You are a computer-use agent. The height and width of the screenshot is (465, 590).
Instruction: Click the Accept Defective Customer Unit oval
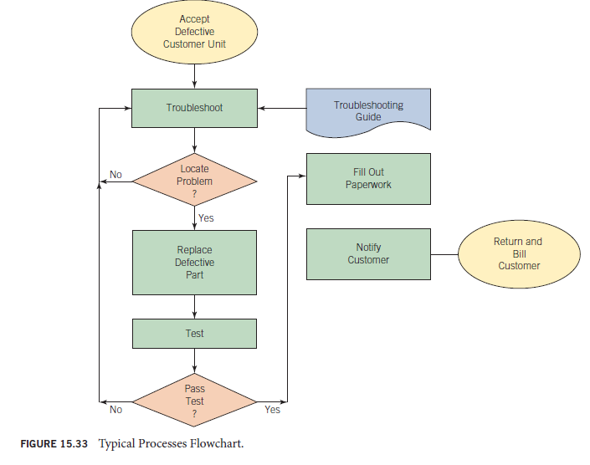point(194,32)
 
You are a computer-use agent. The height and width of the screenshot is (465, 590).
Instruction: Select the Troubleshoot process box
point(194,108)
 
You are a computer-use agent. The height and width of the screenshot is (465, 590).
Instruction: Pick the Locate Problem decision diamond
point(194,181)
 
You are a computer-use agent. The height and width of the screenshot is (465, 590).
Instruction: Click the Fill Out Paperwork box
point(368,178)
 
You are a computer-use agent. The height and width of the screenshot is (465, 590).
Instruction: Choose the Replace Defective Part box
point(194,262)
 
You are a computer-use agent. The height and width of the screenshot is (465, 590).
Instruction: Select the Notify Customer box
point(368,253)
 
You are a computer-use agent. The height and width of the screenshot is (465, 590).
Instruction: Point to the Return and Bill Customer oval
point(519,253)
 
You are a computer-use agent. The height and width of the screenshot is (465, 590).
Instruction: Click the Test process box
point(194,334)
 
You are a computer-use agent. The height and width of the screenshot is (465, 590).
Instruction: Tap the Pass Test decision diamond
point(194,401)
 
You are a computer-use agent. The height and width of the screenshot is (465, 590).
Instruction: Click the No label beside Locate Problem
point(115,175)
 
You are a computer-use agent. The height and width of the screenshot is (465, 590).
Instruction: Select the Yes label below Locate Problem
point(206,218)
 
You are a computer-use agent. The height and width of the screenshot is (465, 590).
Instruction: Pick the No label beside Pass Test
point(115,410)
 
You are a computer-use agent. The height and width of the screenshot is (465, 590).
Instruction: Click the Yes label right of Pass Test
point(272,410)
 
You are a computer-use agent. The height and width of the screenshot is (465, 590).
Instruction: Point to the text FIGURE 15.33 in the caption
point(54,442)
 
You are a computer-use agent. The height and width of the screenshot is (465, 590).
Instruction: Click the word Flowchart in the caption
point(219,442)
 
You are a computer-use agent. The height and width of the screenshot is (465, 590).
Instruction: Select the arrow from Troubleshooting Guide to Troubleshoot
point(282,108)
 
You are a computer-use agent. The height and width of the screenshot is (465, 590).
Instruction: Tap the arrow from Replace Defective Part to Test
point(194,306)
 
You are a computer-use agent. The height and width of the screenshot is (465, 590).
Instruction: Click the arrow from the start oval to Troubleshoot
point(194,76)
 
